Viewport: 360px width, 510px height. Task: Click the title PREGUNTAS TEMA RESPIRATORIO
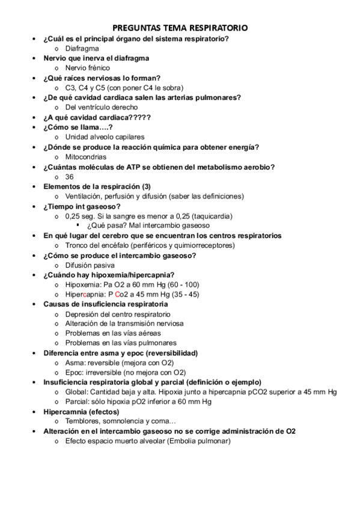click(x=180, y=28)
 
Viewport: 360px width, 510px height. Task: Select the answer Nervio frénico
click(x=88, y=68)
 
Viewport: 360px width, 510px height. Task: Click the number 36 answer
click(x=69, y=177)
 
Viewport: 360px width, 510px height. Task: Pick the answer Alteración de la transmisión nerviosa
click(x=126, y=324)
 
